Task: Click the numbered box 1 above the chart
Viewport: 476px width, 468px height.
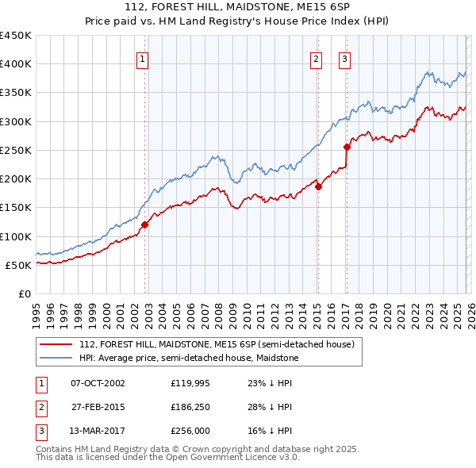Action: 142,59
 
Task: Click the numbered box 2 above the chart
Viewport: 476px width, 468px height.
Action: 316,59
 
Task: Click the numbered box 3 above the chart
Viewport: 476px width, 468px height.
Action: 345,59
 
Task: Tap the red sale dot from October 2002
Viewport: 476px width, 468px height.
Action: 145,224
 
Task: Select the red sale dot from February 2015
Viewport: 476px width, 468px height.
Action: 318,187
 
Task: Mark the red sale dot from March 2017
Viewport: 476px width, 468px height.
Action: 347,147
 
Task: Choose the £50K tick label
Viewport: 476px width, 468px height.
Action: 19,265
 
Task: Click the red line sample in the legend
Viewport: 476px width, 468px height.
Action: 57,343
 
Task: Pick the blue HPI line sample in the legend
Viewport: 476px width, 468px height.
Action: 57,358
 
